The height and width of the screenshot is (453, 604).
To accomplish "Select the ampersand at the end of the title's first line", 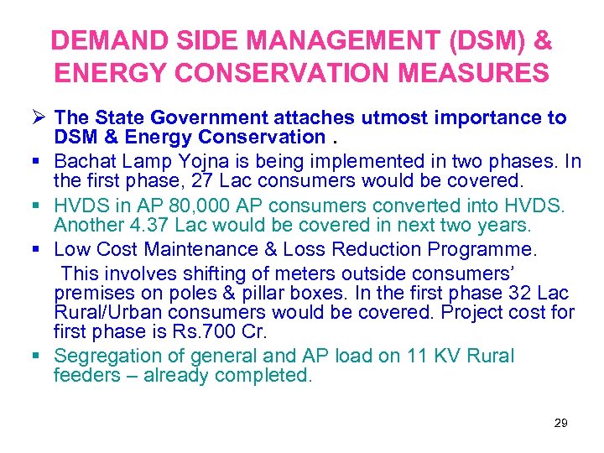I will pos(542,40).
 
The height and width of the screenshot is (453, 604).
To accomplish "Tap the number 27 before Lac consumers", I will pos(203,180).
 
